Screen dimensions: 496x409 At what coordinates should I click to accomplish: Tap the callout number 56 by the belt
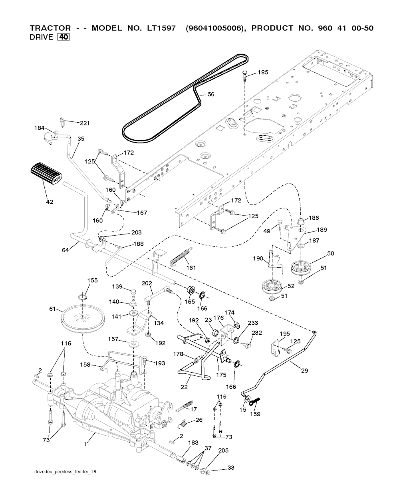pos(210,95)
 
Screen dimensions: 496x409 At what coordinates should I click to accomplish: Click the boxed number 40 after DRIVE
pos(64,38)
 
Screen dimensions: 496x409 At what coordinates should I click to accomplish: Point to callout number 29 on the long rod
pos(304,371)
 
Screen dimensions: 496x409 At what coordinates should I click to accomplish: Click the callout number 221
pos(84,123)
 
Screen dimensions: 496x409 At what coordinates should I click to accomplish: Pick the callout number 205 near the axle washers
pos(223,450)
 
